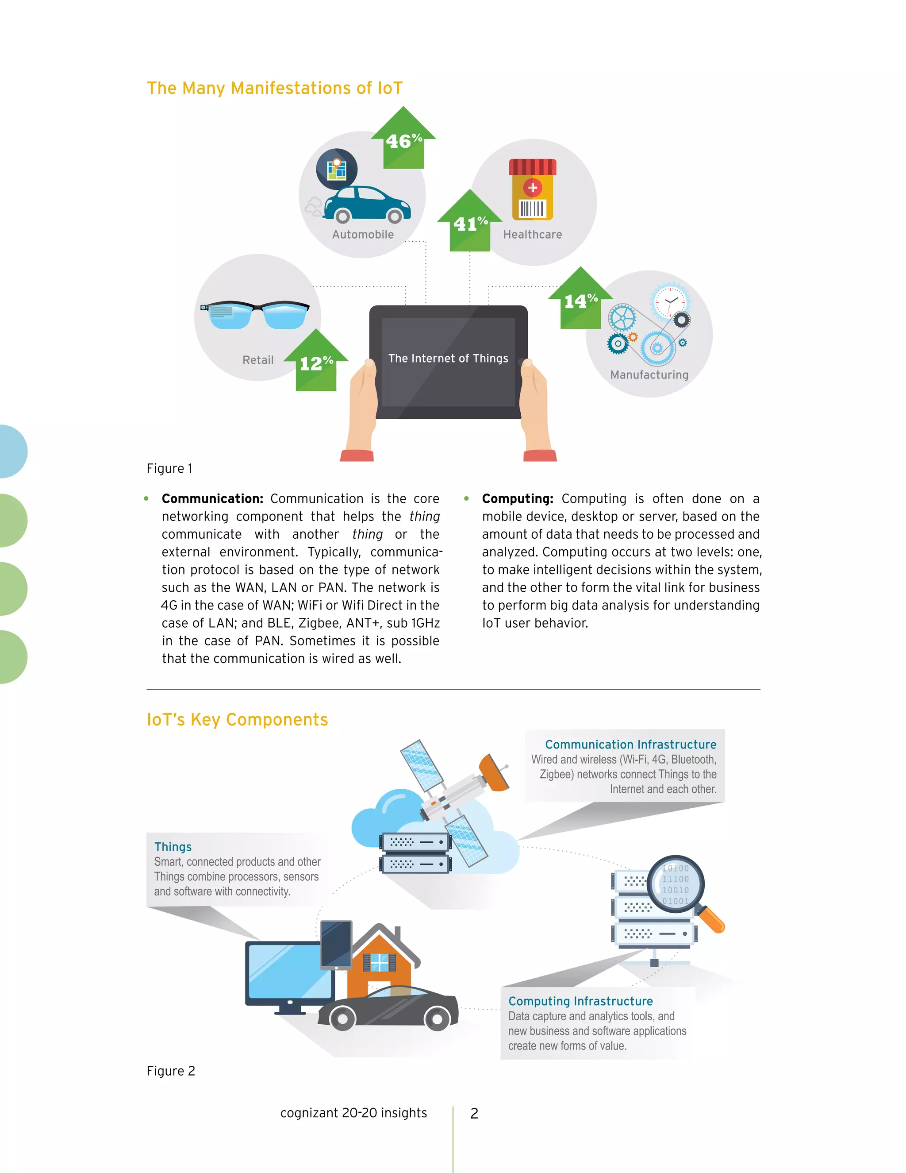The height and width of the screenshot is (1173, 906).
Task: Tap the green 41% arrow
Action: click(470, 223)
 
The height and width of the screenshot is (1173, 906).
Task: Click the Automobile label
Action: click(363, 234)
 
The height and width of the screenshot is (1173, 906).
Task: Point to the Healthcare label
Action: click(533, 234)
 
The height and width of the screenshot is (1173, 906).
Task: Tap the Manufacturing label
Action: click(649, 374)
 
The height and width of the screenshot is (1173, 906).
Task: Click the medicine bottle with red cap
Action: click(533, 189)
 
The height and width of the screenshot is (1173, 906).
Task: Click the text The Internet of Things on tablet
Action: click(448, 358)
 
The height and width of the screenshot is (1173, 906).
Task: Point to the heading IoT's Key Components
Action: click(237, 719)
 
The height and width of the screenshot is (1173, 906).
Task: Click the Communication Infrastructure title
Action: click(631, 745)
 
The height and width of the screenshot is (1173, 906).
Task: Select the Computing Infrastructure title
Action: click(580, 1001)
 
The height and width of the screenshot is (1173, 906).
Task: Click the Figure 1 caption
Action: click(169, 468)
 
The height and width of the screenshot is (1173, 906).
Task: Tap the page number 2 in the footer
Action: click(474, 1113)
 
